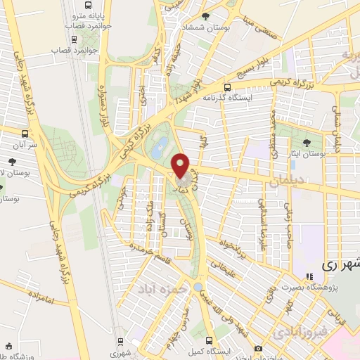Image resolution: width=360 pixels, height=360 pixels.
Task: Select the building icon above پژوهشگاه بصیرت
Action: coord(308,276)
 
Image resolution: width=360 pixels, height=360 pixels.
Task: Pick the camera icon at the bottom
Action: coord(258,349)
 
